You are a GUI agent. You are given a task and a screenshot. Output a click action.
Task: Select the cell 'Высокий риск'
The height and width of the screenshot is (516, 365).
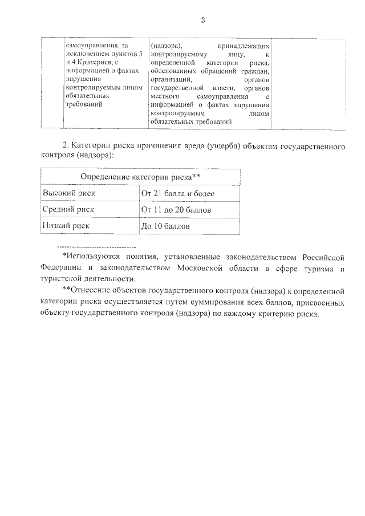(x=70, y=194)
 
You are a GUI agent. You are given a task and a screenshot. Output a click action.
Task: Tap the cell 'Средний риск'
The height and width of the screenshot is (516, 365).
(x=69, y=210)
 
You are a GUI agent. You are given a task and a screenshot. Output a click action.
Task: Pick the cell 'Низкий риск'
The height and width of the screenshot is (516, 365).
(x=66, y=226)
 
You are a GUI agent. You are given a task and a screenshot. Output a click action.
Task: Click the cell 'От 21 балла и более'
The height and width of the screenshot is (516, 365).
(x=177, y=194)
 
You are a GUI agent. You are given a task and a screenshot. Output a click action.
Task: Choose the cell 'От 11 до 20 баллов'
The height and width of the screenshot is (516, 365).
(x=176, y=210)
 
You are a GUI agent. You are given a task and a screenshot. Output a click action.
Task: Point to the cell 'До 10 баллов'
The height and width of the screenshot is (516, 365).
(x=165, y=226)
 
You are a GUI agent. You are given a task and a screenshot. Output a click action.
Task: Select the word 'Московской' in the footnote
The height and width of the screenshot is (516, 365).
(x=222, y=269)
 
